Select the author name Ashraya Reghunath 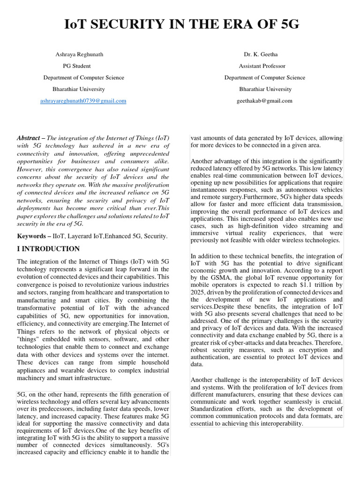[x=79, y=54]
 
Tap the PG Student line [x=77, y=66]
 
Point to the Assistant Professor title [x=262, y=66]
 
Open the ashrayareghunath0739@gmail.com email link [x=83, y=101]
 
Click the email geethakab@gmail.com [x=265, y=101]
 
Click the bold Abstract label [x=28, y=139]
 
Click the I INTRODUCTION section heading [x=48, y=249]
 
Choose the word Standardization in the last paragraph [x=211, y=408]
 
